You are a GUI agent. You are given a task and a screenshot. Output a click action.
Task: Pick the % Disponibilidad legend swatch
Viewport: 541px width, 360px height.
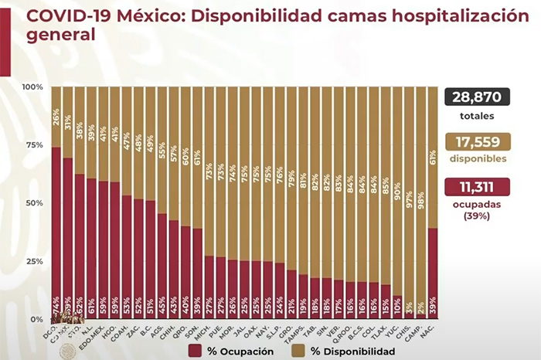pos(298,351)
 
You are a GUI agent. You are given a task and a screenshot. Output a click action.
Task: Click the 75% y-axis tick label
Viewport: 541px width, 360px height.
pos(34,145)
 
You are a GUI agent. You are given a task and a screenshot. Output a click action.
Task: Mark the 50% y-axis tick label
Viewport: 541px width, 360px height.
pos(34,203)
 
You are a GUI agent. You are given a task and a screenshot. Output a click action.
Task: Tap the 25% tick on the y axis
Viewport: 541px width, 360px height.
pos(34,261)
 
